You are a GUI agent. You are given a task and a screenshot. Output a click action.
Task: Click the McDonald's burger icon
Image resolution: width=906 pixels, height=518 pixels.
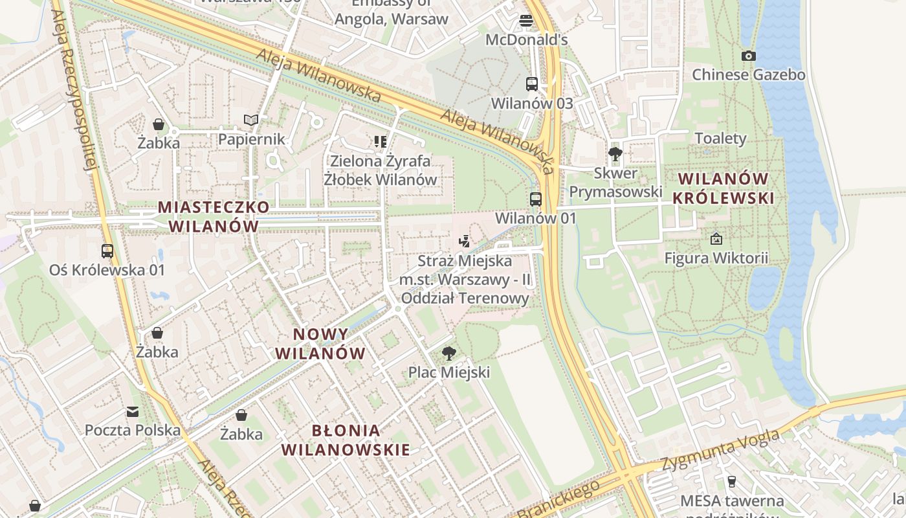click(526, 20)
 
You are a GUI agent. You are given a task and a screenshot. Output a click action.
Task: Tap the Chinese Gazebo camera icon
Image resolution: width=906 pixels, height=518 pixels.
click(749, 56)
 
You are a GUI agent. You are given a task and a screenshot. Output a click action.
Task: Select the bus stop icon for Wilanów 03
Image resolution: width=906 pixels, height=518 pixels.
click(531, 84)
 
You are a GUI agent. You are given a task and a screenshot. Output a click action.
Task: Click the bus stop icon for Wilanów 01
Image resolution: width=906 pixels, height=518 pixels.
click(536, 199)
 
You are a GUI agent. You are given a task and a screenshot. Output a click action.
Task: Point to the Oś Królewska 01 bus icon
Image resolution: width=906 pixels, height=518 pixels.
click(107, 251)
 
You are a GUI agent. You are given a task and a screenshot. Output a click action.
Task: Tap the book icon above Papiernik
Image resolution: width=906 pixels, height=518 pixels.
click(251, 120)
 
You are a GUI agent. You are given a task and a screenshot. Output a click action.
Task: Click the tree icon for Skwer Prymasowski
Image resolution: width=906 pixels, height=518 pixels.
click(615, 153)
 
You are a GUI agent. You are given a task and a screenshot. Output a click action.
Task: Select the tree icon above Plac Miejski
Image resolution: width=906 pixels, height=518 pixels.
click(448, 353)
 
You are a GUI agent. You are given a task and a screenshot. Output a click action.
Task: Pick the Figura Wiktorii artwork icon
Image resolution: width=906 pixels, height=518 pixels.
click(716, 239)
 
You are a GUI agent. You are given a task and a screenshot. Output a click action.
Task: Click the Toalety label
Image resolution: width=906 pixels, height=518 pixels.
click(720, 139)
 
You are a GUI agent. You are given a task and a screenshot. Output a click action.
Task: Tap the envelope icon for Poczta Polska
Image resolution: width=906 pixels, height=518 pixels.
click(133, 411)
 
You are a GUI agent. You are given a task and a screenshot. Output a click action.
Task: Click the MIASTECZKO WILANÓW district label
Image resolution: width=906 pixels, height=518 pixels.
click(214, 216)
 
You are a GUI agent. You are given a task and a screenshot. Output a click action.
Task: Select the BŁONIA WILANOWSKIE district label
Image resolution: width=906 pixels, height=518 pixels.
click(346, 440)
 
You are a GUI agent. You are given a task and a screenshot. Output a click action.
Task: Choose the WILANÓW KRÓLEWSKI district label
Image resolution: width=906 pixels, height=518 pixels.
click(723, 188)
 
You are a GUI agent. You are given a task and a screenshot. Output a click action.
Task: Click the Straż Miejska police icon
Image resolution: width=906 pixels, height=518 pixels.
click(464, 242)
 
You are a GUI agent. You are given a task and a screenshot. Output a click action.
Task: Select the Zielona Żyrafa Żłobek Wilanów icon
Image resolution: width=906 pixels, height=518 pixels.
click(381, 141)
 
